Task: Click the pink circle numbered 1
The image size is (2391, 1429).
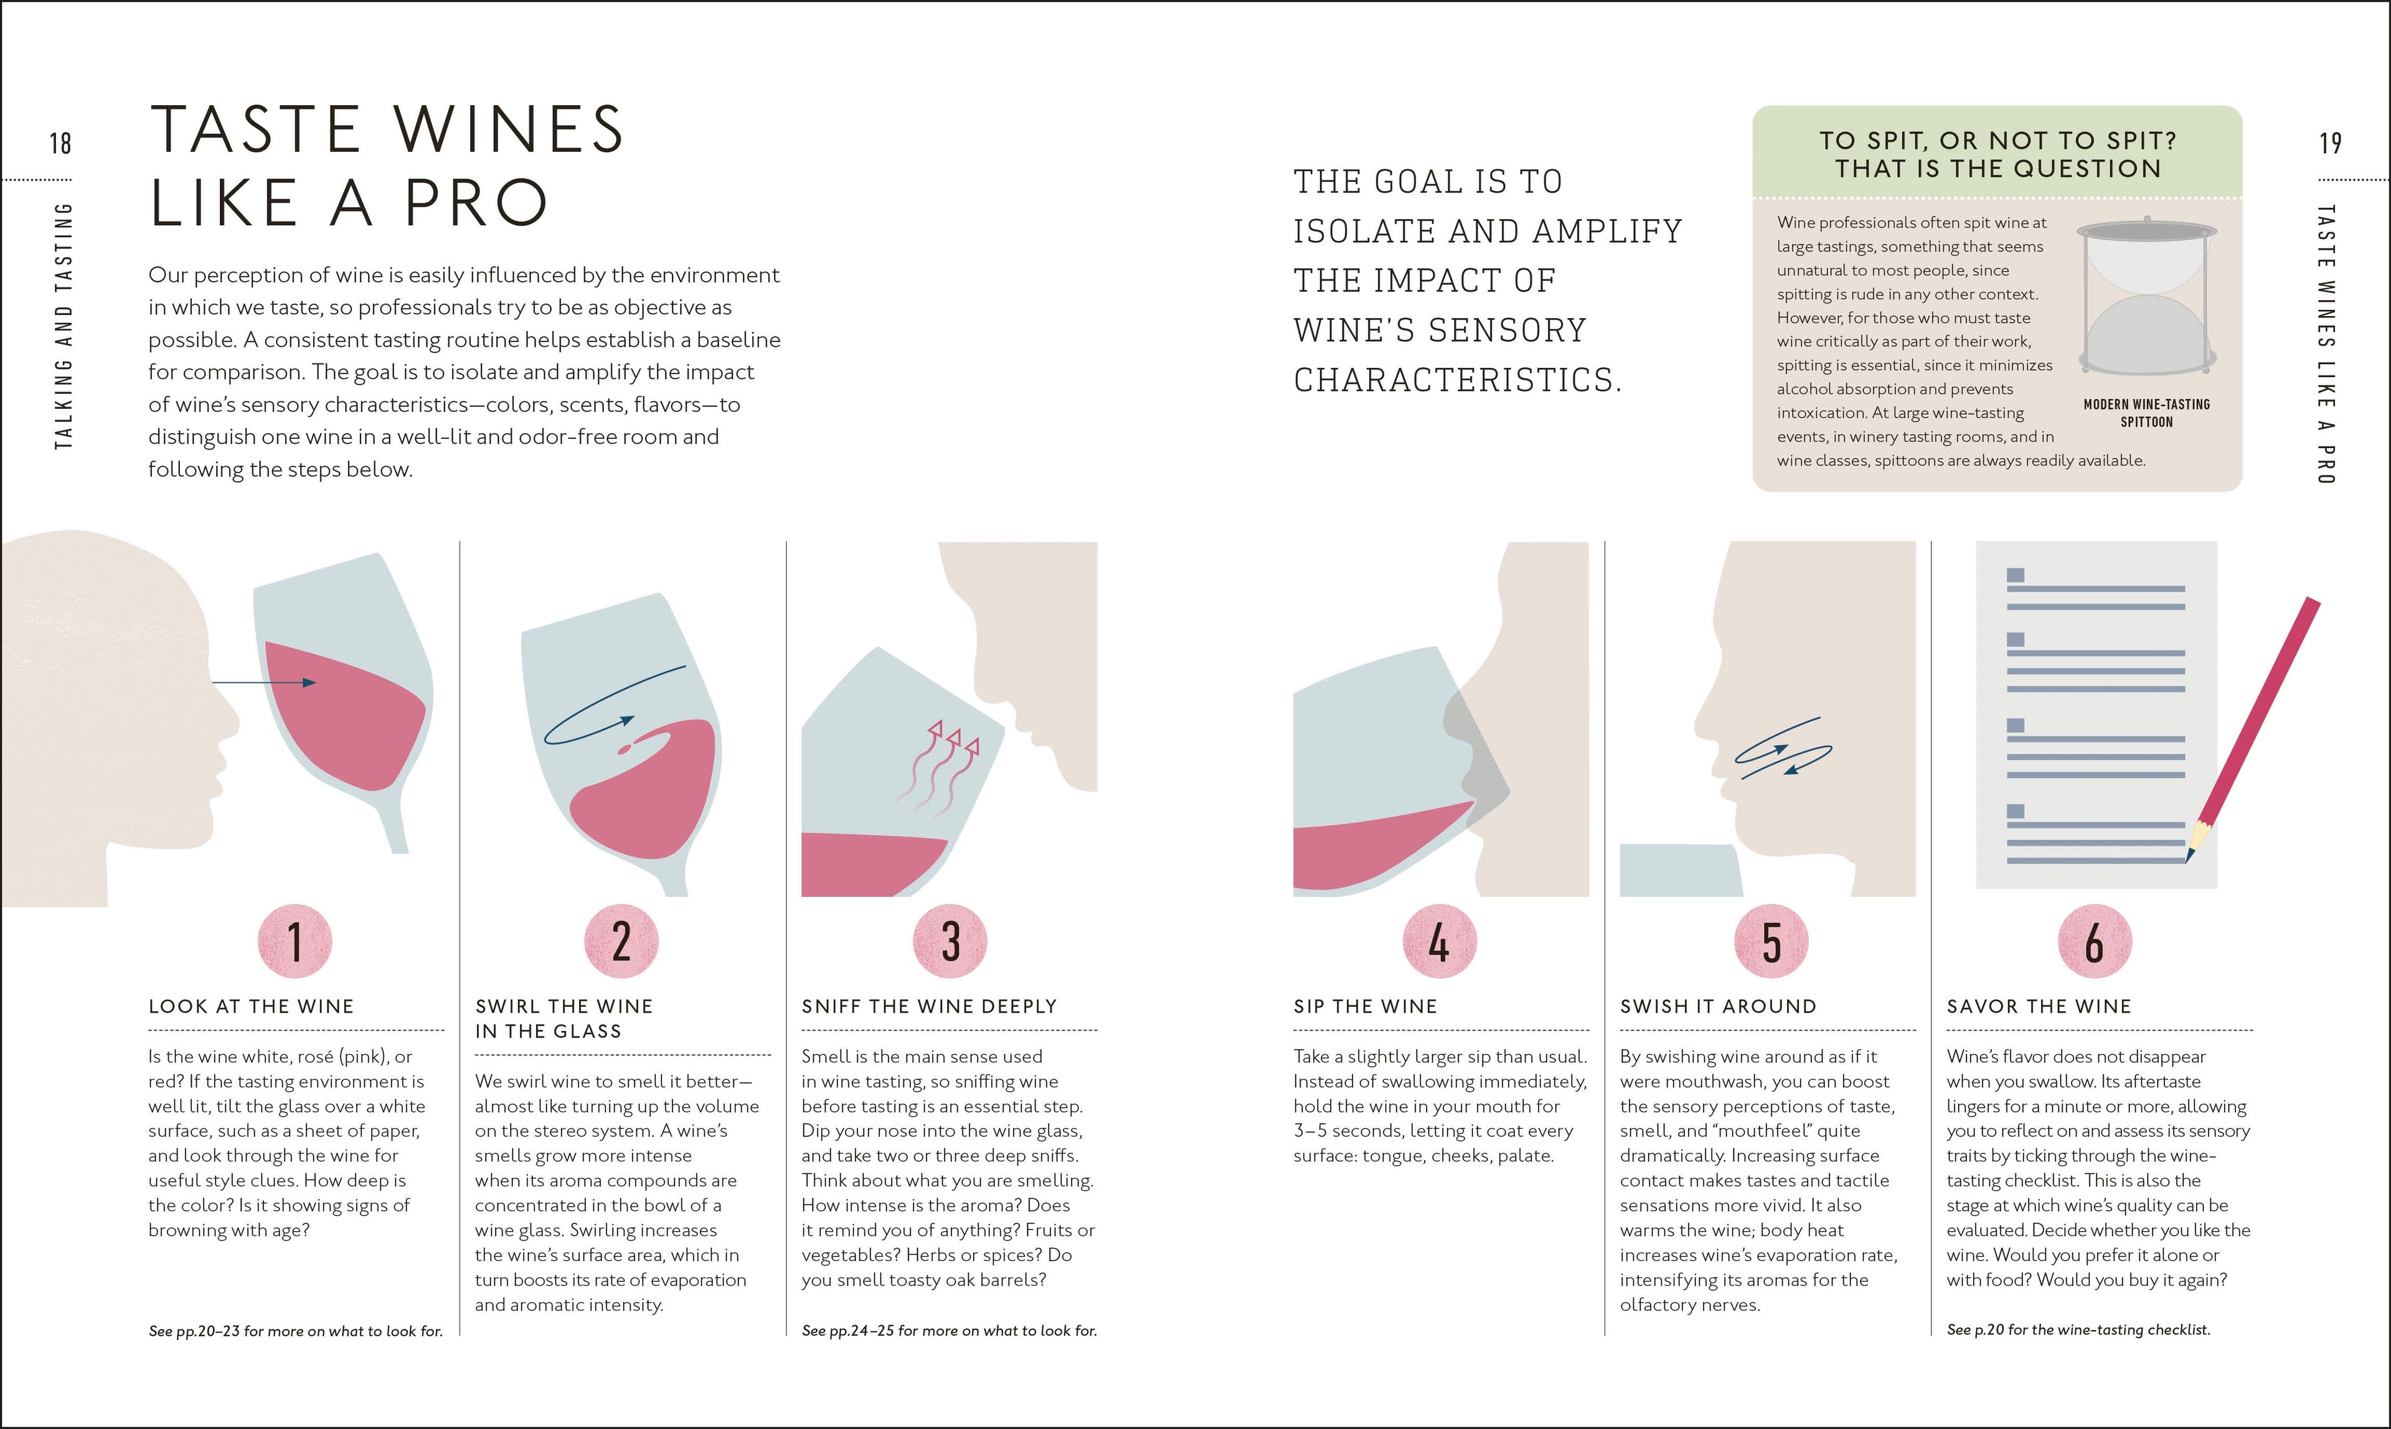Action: click(x=295, y=941)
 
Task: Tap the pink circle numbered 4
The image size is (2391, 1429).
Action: click(x=1439, y=941)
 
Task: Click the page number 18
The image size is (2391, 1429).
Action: click(x=60, y=144)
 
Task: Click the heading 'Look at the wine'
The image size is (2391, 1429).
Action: click(x=250, y=1006)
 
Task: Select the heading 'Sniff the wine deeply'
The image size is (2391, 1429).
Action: click(x=928, y=1006)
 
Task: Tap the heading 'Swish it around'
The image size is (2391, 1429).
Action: click(x=1718, y=1006)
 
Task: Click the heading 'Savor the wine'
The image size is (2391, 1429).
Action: click(x=2039, y=1006)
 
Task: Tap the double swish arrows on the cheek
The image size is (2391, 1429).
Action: click(x=1782, y=748)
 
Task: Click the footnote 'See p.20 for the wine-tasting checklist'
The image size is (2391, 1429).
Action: click(x=2078, y=1330)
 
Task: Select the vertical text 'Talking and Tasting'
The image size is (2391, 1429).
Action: click(x=64, y=326)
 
